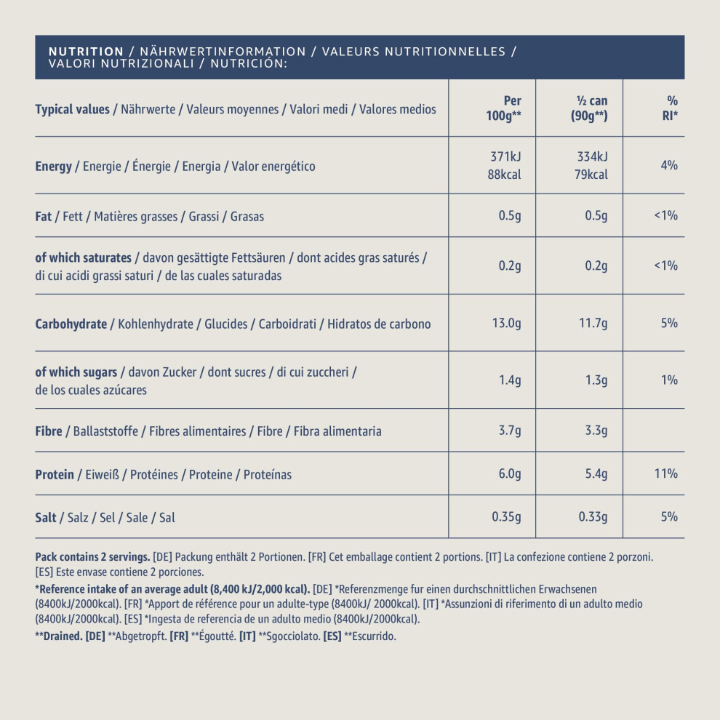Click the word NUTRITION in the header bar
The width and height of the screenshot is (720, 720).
pos(87,52)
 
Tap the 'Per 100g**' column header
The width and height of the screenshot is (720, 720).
pos(504,108)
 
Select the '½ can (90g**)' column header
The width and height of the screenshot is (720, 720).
pos(590,108)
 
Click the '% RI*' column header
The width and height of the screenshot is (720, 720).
pos(670,108)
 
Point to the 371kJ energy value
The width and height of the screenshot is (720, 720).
pos(505,156)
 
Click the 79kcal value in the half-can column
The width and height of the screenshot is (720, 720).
pos(591,175)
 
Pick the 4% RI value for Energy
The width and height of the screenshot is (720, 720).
pos(669,165)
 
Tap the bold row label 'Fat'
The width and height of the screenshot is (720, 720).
pos(43,216)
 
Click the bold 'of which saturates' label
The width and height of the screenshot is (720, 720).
pos(83,257)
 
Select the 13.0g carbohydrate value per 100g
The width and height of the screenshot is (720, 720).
pos(506,323)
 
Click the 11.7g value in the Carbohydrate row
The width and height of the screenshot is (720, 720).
pos(593,323)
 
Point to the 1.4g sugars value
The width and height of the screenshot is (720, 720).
pos(510,380)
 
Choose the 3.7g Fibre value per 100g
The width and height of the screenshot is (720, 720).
pos(510,431)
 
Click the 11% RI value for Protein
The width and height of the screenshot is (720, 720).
pos(665,473)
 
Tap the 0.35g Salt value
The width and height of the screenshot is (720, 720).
pos(506,517)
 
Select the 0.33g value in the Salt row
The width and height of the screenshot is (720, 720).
pos(593,517)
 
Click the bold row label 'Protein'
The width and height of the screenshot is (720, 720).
pos(55,474)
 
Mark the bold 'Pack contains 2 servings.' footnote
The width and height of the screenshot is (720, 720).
pos(93,557)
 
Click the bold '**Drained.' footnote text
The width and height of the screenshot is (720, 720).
pos(59,636)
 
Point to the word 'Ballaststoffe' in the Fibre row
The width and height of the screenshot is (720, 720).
pos(105,431)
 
